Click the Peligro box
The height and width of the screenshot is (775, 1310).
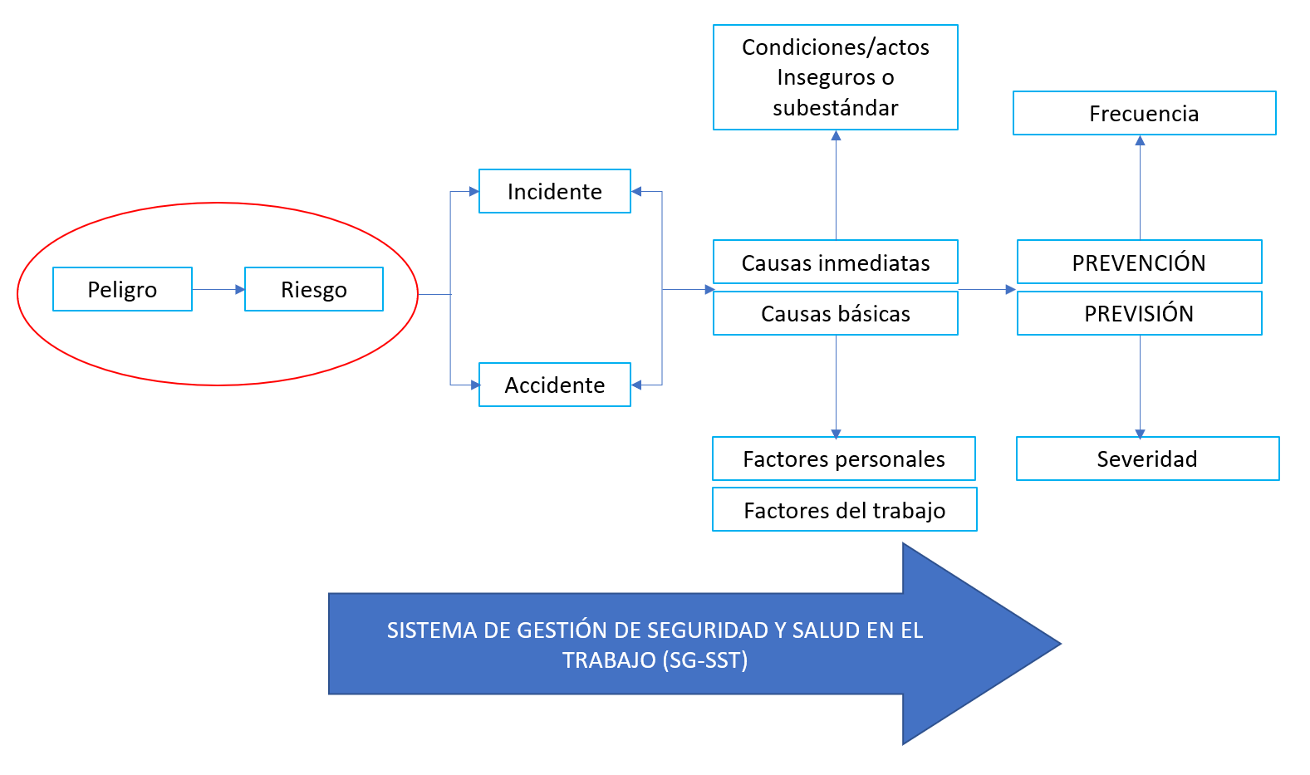coord(122,289)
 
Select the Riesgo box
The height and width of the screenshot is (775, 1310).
coord(314,289)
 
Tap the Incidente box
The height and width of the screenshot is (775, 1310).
coord(554,191)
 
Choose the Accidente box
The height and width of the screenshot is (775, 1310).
coord(554,385)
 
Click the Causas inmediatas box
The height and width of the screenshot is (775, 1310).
coord(835,262)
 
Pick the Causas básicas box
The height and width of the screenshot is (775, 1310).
coord(835,313)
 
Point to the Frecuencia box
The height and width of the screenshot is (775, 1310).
coord(1145,113)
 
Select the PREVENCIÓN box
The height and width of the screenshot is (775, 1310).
coord(1139,262)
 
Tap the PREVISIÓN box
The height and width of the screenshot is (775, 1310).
coord(1139,313)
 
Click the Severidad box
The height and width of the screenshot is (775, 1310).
coord(1147,459)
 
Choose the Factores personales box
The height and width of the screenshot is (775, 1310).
coord(844,459)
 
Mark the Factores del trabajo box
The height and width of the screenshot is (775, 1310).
coord(845,509)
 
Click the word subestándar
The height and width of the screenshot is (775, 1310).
coord(835,108)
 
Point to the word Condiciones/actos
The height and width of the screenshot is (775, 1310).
coord(835,47)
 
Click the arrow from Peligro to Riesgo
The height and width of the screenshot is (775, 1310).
coord(218,289)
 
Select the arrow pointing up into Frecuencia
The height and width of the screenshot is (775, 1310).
coord(1140,187)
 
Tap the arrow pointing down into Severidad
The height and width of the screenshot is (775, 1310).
coord(1140,386)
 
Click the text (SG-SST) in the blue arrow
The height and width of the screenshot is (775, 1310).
coord(704,660)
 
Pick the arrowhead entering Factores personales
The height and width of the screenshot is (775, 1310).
coord(836,434)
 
